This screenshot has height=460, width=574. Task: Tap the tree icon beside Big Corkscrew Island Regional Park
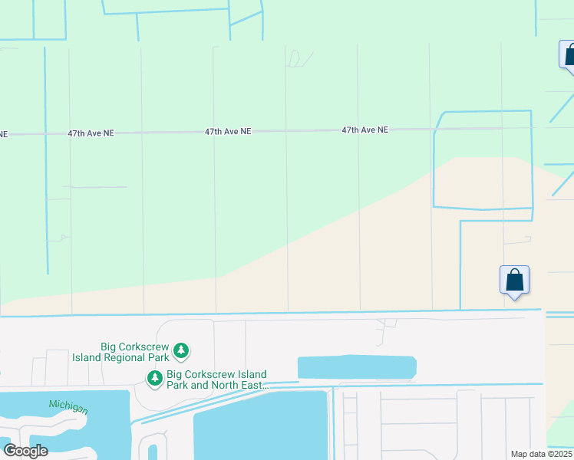click(x=181, y=351)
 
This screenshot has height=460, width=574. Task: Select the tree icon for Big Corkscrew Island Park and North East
click(x=155, y=378)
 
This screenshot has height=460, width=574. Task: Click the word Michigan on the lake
click(x=68, y=406)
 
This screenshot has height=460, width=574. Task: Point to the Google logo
click(x=25, y=450)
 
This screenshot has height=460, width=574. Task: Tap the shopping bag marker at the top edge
click(x=569, y=56)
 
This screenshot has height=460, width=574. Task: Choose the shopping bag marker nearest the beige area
click(x=514, y=281)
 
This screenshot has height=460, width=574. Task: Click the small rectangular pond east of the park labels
click(x=356, y=367)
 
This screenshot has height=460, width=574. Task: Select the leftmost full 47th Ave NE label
click(x=91, y=133)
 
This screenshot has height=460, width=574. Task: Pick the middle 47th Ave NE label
click(x=228, y=132)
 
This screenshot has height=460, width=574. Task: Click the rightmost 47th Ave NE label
click(x=365, y=130)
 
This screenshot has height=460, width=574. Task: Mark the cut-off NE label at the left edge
click(x=3, y=134)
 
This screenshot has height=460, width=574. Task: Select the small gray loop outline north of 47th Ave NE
click(x=300, y=58)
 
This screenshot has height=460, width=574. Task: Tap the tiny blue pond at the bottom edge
click(x=153, y=452)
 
